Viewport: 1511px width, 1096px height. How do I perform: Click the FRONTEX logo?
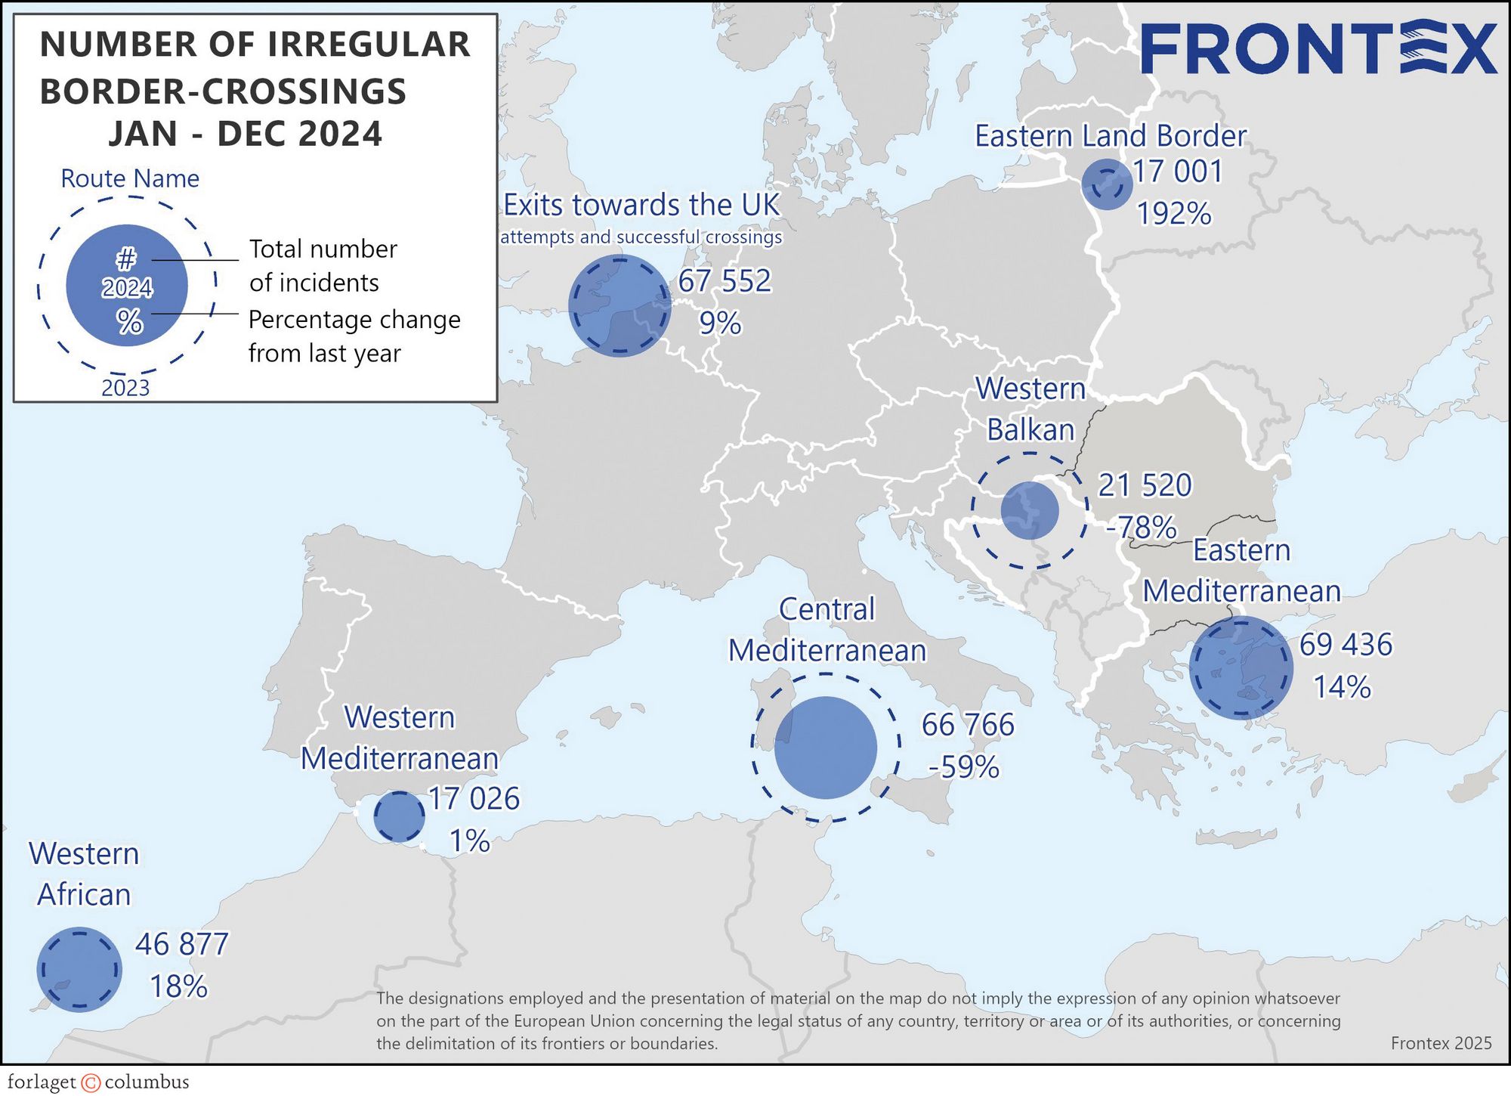click(x=1318, y=49)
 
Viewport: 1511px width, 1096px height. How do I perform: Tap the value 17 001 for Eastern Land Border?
click(x=1178, y=172)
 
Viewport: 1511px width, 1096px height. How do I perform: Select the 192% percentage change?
click(x=1174, y=214)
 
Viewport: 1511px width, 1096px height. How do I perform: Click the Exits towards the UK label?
click(x=641, y=205)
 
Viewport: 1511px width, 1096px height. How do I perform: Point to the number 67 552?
click(x=725, y=281)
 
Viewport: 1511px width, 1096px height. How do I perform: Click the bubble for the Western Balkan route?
click(x=1030, y=510)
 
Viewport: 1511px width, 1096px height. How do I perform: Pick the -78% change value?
click(x=1141, y=527)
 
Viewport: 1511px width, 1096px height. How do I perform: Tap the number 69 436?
click(x=1346, y=645)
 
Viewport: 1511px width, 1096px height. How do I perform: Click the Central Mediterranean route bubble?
click(x=826, y=747)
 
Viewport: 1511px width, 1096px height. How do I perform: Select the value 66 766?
click(x=968, y=725)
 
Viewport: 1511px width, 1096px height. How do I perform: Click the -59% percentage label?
click(x=964, y=767)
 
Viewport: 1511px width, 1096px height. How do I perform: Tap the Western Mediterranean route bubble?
click(x=400, y=816)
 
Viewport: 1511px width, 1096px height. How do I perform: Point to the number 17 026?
click(x=474, y=799)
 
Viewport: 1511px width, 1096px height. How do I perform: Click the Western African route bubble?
click(x=79, y=969)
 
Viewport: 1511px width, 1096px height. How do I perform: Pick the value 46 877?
click(x=182, y=945)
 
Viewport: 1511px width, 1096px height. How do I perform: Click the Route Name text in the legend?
click(x=130, y=179)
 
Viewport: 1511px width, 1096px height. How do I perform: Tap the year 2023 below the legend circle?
click(x=125, y=388)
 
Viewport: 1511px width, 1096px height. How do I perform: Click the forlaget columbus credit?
click(x=98, y=1082)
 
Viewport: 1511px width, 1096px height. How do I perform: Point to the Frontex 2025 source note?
click(x=1441, y=1043)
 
